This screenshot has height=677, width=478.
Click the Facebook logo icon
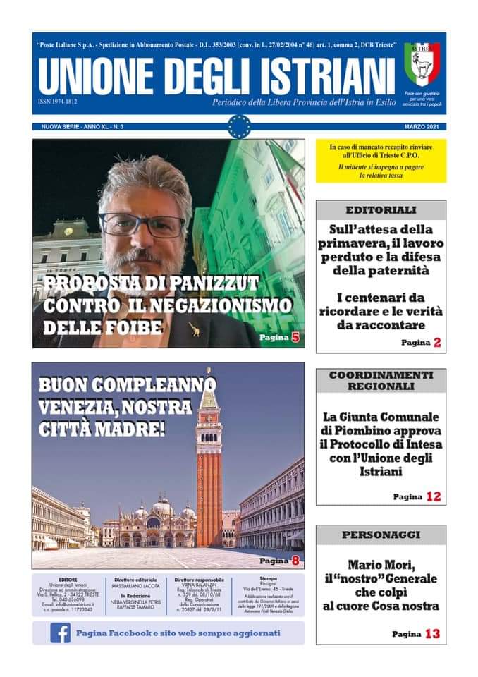point(60,633)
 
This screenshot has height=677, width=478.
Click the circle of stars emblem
point(239,126)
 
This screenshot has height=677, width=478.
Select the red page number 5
point(295,338)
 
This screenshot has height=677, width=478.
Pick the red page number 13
point(433,634)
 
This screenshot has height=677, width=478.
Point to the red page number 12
point(433,496)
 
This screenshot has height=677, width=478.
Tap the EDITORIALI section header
point(381,209)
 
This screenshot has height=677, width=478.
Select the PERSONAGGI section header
point(381,535)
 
